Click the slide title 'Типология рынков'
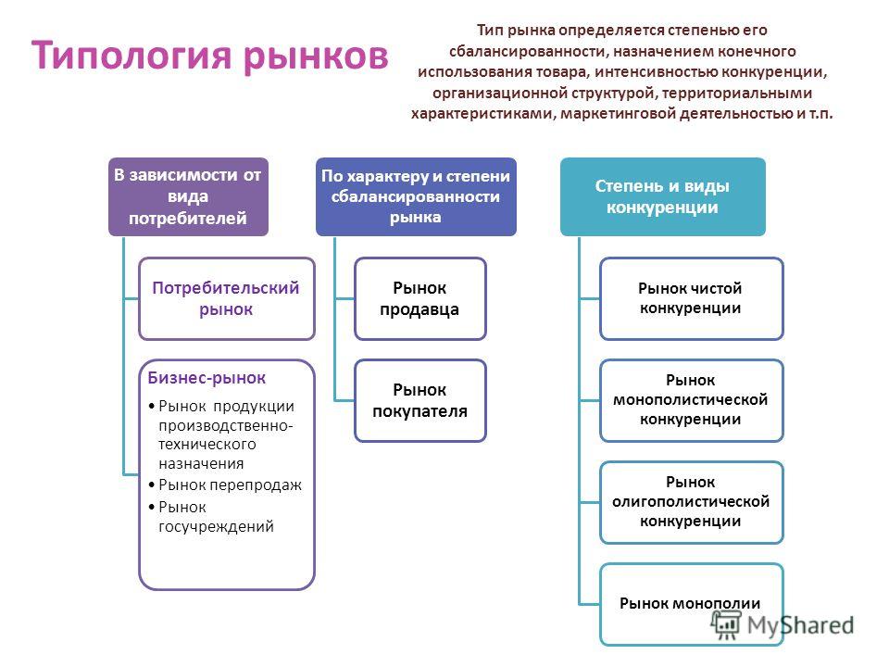[210, 57]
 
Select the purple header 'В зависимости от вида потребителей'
[188, 196]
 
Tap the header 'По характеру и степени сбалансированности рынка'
[416, 196]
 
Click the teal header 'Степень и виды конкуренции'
[662, 196]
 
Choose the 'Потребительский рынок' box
[226, 299]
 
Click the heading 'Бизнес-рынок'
[207, 378]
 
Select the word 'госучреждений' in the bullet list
[216, 526]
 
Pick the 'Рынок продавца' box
[420, 299]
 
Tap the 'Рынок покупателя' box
[420, 400]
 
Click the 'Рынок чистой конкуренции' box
[691, 299]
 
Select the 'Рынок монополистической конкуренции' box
[691, 400]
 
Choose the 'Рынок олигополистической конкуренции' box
[691, 502]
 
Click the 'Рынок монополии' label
[689, 603]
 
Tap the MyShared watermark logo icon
[726, 625]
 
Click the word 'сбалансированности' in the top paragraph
[529, 51]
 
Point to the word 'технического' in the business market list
[207, 444]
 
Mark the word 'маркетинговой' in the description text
[618, 113]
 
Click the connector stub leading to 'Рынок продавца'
[344, 298]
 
